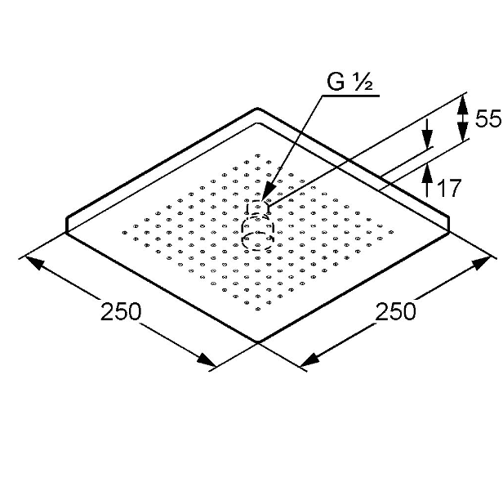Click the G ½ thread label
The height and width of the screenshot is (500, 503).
tap(349, 82)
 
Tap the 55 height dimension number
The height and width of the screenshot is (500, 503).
tap(487, 118)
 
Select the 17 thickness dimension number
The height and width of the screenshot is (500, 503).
tap(449, 188)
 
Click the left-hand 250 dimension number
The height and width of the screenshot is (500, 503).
tap(121, 311)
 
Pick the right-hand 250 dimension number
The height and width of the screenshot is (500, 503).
tap(395, 311)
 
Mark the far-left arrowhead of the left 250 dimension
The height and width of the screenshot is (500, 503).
tap(33, 261)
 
